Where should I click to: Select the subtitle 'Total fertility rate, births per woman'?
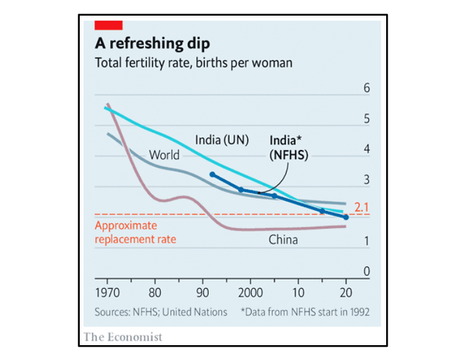[x=193, y=62]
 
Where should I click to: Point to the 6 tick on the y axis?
[x=363, y=88]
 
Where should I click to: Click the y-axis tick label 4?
[x=363, y=149]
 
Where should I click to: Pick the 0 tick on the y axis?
[x=363, y=271]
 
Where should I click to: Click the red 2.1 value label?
[x=361, y=208]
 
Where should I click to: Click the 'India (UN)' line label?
[x=221, y=141]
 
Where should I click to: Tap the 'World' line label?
[x=164, y=155]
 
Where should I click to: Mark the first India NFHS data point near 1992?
[x=213, y=174]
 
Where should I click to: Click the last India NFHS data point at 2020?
[x=346, y=216]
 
